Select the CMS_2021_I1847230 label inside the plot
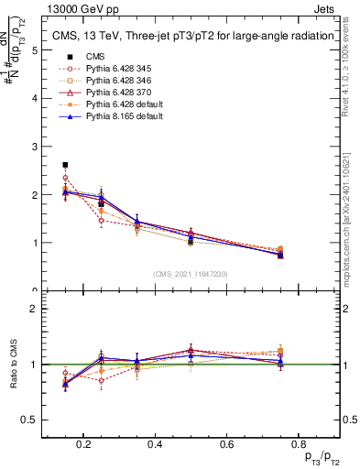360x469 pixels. click(x=190, y=274)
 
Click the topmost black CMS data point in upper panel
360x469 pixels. click(x=65, y=165)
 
